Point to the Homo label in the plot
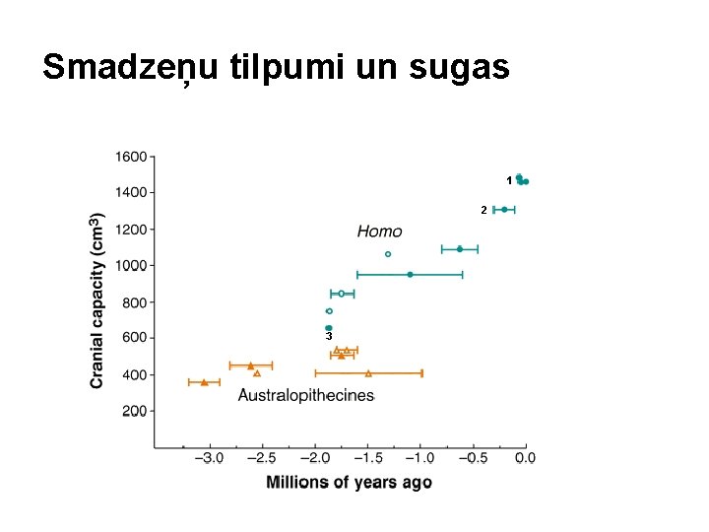[379, 232]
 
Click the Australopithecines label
[306, 395]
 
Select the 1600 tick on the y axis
[131, 157]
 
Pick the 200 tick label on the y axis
[135, 411]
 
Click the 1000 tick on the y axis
[131, 265]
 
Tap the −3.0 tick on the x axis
[209, 458]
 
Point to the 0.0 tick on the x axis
[526, 458]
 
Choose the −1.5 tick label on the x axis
[367, 458]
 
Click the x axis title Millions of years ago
[349, 482]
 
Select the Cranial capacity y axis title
[97, 300]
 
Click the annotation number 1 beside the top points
[509, 181]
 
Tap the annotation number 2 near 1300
[483, 211]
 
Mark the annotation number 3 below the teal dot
[329, 336]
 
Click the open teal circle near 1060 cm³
[388, 254]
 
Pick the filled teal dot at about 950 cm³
[410, 275]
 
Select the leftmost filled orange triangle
[205, 382]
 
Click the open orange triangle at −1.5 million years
[368, 373]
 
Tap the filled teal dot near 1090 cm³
[460, 249]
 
